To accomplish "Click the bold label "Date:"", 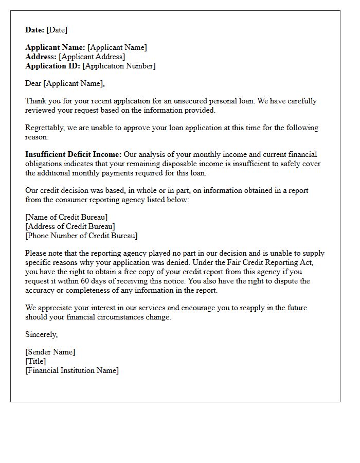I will click(35, 30).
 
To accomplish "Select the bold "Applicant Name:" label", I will click(56, 47).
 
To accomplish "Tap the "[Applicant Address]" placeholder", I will click(92, 57).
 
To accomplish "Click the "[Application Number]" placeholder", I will click(119, 66).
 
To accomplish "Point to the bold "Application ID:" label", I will click(53, 66).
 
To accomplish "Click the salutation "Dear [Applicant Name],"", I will click(65, 83).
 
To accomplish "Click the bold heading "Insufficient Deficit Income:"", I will click(74, 154).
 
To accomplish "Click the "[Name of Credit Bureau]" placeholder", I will click(66, 217).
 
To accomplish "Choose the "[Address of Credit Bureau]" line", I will click(70, 226).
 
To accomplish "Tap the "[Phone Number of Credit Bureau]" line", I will click(81, 236).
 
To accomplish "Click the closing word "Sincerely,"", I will click(42, 334).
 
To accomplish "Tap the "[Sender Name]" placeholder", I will click(50, 352).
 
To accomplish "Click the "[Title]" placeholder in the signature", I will click(35, 361).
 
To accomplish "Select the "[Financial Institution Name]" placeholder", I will click(72, 370).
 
